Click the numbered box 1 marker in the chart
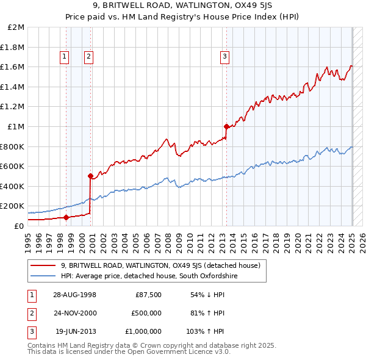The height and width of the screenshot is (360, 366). pyautogui.click(x=65, y=57)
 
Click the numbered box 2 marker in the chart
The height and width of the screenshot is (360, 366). pyautogui.click(x=88, y=57)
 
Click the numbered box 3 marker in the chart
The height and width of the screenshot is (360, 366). pyautogui.click(x=224, y=57)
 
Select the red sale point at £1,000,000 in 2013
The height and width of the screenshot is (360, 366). pyautogui.click(x=226, y=126)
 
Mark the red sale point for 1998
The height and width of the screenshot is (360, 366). pyautogui.click(x=66, y=217)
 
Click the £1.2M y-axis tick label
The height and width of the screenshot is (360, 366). pyautogui.click(x=14, y=107)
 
